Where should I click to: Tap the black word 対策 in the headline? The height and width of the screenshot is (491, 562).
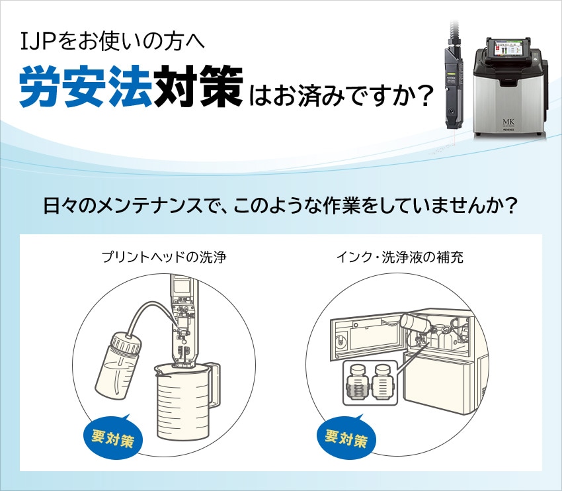[198, 87]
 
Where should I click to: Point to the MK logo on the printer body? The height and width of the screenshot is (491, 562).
[508, 122]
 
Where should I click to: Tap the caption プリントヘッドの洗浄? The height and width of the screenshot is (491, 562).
[164, 257]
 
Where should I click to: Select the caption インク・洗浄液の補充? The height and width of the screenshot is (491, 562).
[399, 257]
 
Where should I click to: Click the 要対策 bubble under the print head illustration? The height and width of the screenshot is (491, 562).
[112, 436]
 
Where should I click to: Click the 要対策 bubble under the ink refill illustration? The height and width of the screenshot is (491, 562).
[346, 436]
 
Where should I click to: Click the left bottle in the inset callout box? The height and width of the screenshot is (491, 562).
[357, 383]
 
